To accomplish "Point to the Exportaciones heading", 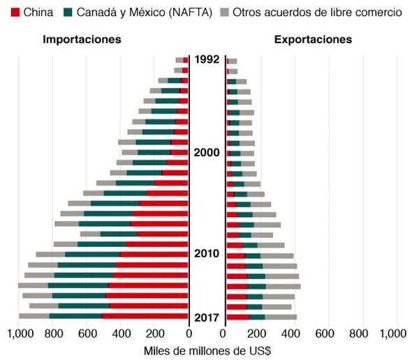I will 313,40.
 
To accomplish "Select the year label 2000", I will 207,153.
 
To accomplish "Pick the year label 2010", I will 207,253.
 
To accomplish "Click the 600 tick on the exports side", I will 329,333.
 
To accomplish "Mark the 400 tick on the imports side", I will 122,333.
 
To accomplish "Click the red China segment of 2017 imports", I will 145,317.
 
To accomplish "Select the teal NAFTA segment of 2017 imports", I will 75,317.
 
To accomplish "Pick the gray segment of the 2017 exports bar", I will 281,317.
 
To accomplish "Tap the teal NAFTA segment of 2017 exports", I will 257,317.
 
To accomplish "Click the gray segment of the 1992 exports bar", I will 233,61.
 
